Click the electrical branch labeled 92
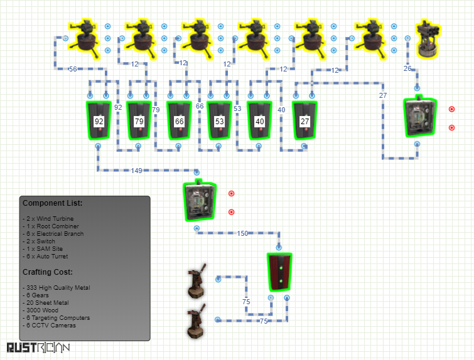click(99, 120)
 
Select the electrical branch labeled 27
click(304, 120)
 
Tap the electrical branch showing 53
click(219, 120)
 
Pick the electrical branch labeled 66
click(179, 120)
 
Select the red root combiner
click(279, 272)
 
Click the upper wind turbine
click(197, 281)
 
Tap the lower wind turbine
click(197, 321)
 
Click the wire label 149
click(136, 171)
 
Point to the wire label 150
click(242, 233)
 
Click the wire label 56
click(73, 69)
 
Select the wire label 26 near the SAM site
click(407, 68)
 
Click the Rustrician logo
click(38, 347)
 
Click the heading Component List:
click(53, 203)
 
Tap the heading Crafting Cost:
click(48, 272)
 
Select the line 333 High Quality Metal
click(57, 287)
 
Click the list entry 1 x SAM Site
click(43, 249)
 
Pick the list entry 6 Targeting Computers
click(57, 318)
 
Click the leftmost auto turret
click(83, 40)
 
